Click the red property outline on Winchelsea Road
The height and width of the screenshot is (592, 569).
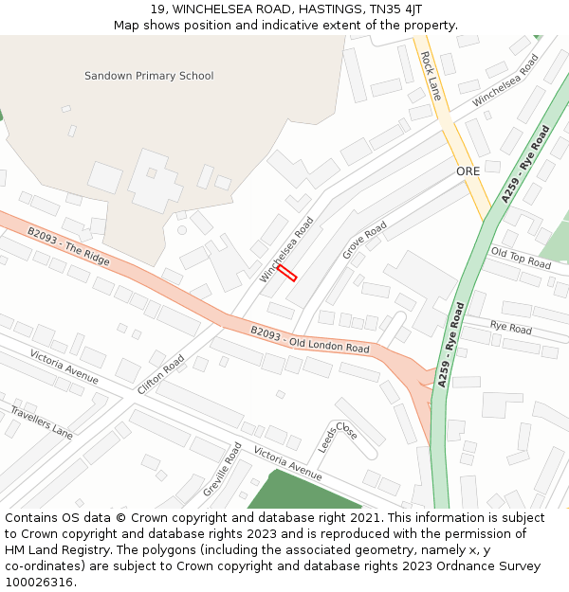tap(287, 273)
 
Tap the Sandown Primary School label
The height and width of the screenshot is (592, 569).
tap(149, 76)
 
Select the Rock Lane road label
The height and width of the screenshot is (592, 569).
tap(431, 76)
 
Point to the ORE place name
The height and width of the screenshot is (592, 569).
tap(468, 171)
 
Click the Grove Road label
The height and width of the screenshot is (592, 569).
tap(365, 241)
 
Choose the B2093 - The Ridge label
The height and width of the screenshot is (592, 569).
tap(68, 246)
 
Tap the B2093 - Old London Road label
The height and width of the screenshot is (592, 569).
tap(310, 340)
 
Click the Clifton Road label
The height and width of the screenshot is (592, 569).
tap(161, 375)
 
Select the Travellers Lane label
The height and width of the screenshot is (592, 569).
tap(41, 422)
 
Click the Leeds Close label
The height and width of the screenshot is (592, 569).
tap(338, 437)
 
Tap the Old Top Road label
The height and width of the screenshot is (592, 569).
tap(521, 258)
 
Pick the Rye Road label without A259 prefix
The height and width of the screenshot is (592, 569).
tap(511, 328)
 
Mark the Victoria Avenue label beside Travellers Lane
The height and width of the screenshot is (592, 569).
tap(64, 367)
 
